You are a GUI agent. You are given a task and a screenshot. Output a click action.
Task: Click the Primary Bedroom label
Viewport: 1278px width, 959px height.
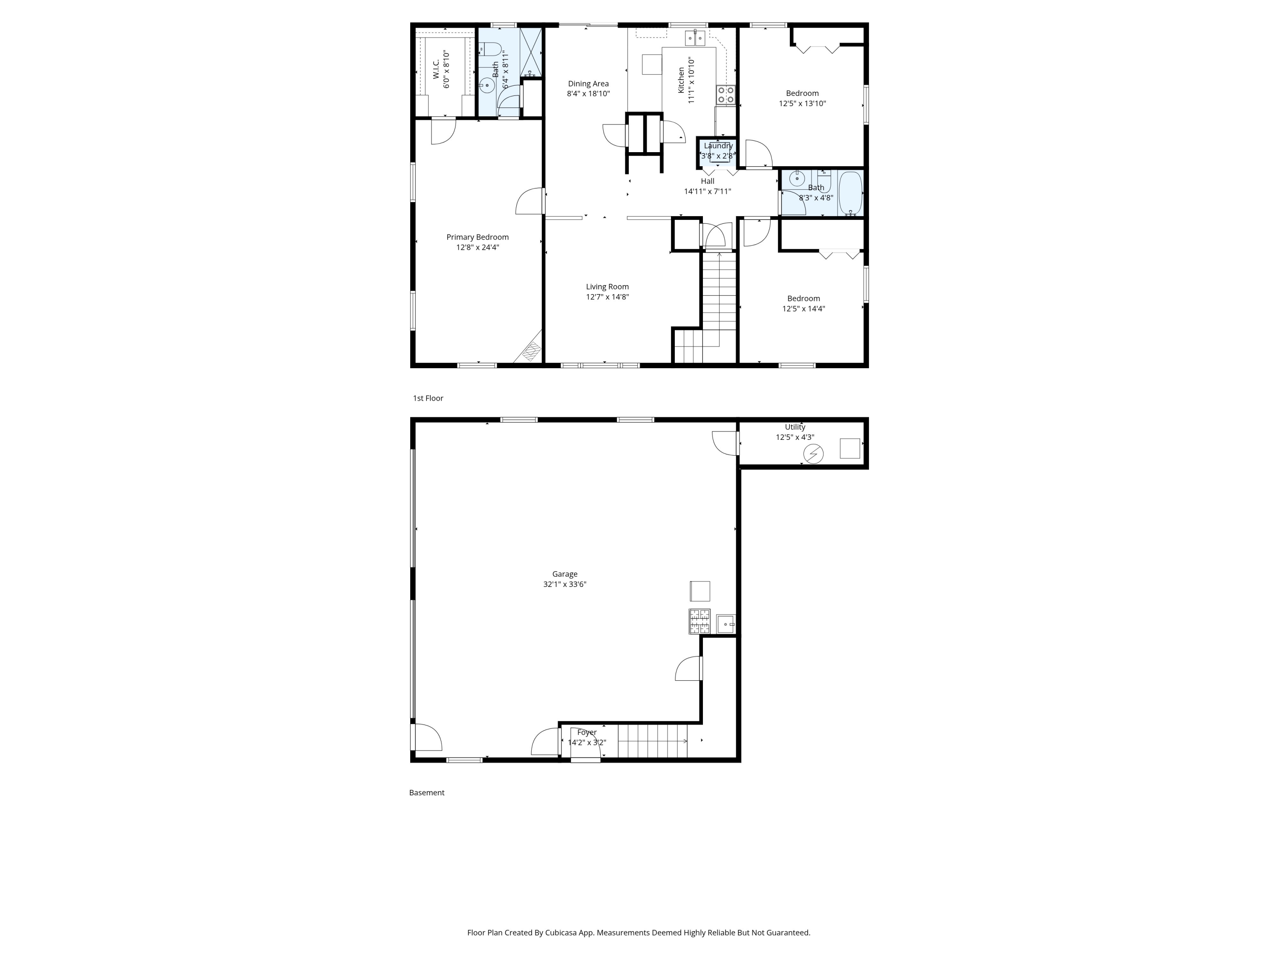[x=477, y=237]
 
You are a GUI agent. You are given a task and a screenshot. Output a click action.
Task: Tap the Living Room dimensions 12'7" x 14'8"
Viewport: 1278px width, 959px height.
[x=607, y=297]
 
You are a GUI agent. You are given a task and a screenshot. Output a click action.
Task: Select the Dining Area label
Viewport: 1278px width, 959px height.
[x=588, y=84]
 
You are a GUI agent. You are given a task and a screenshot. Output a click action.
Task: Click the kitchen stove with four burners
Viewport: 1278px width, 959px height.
[x=725, y=95]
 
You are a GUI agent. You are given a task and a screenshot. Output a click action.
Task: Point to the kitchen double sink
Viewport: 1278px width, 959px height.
[x=695, y=38]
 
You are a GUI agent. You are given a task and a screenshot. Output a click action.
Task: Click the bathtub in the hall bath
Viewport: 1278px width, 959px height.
[x=850, y=193]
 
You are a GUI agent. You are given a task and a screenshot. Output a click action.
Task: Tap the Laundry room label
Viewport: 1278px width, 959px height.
[x=718, y=146]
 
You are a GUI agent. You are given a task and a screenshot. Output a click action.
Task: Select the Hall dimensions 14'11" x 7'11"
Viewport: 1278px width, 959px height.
[x=708, y=191]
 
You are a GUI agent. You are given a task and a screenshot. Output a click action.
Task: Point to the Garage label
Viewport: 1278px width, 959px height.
[x=564, y=574]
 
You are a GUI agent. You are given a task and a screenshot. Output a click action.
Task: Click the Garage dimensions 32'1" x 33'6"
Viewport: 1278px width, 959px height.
[x=564, y=584]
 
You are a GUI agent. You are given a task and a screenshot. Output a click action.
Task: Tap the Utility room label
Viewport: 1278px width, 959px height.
[x=795, y=427]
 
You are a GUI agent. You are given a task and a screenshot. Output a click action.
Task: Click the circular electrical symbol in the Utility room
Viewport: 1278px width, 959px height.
[x=814, y=454]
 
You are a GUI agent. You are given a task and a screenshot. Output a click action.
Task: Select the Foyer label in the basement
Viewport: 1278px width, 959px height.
[x=587, y=732]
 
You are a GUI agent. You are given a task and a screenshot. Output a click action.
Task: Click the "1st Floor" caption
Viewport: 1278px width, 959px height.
[x=428, y=398]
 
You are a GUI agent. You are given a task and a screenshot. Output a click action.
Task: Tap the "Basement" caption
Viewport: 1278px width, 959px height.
[x=426, y=792]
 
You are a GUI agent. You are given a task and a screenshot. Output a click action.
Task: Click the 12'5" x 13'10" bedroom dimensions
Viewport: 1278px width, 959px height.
[x=803, y=104]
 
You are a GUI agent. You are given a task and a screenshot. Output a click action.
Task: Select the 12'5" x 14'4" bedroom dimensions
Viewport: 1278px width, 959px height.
[x=804, y=309]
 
